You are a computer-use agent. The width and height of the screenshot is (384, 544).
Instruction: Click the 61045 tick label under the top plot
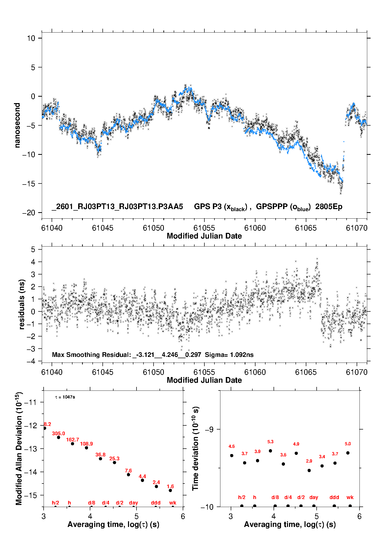[x=102, y=228]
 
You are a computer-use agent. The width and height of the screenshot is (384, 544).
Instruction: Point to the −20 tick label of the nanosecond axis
[x=28, y=213]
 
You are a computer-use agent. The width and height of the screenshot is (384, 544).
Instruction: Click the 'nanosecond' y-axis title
[x=17, y=125]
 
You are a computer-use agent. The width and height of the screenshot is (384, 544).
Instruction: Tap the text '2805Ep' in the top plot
[x=329, y=207]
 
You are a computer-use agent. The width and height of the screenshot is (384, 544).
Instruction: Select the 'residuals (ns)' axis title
[x=22, y=304]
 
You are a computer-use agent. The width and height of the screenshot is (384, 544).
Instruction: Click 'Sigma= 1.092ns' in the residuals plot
[x=229, y=355]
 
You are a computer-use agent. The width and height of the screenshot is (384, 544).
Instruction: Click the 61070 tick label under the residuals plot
[x=356, y=372]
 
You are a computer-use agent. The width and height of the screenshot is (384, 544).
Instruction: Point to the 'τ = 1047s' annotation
[x=65, y=397]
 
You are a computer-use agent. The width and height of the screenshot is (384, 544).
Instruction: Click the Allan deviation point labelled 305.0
[x=59, y=437]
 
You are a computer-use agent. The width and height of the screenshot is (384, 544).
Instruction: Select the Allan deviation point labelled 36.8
[x=100, y=458]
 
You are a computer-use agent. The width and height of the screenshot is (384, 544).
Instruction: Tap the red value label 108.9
[x=86, y=444]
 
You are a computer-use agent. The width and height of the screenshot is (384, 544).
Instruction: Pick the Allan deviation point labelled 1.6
[x=170, y=490]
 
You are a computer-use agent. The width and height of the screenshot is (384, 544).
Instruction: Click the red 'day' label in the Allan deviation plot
[x=133, y=503]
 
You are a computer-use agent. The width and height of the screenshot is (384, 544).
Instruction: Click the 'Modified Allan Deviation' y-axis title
[x=19, y=448]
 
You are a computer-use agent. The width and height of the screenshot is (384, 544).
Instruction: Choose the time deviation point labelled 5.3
[x=270, y=451]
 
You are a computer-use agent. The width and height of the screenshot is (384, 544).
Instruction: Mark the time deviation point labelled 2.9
[x=309, y=470]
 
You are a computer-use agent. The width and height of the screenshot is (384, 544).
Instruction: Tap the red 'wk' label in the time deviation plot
[x=350, y=497]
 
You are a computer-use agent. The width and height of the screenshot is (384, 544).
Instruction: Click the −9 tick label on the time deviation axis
[x=209, y=430]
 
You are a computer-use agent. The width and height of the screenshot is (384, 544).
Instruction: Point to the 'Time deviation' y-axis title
[x=196, y=448]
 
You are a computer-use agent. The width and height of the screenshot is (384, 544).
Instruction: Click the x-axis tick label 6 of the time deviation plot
[x=359, y=516]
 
